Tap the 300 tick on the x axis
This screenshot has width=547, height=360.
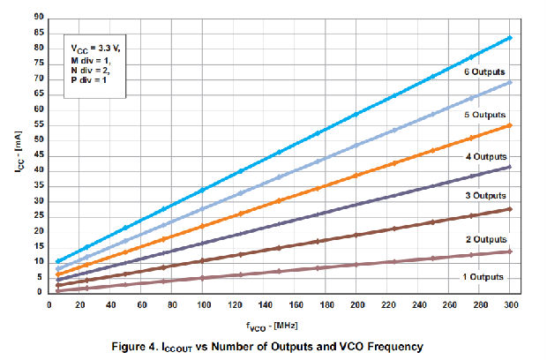click(512, 304)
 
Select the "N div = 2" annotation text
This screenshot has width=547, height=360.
click(90, 70)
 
